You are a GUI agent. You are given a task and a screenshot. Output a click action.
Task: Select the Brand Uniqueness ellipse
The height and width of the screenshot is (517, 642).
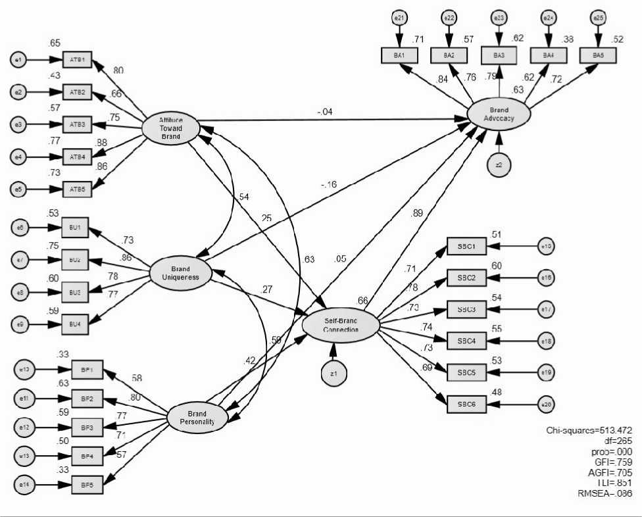180,272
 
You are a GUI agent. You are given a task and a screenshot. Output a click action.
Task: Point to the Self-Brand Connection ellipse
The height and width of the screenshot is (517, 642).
341,325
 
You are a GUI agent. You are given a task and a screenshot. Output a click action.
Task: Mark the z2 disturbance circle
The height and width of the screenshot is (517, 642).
499,164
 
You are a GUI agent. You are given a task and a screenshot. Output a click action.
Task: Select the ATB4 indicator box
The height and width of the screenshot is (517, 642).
77,156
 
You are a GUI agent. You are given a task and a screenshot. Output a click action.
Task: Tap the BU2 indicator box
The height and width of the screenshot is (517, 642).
74,260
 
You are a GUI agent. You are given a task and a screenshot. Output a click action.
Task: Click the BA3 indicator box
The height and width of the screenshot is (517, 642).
499,55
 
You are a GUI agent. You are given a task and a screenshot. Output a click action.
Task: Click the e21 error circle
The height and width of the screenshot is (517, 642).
399,18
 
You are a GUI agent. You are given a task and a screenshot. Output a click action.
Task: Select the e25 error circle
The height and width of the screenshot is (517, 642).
597,18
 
